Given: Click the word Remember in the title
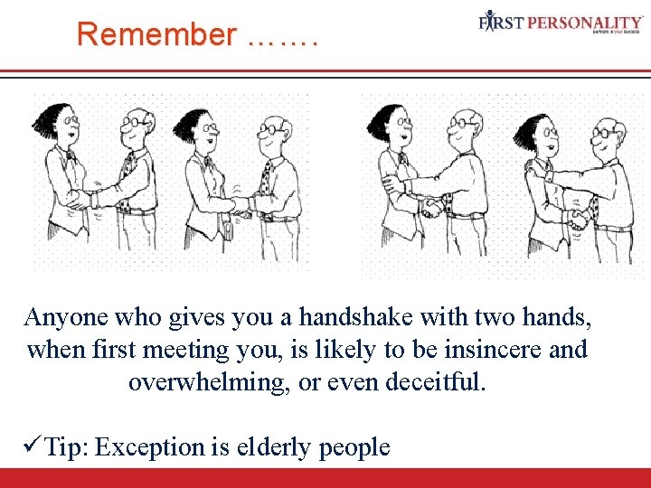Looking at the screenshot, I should coord(156,34).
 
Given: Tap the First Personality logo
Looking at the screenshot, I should coord(561,23).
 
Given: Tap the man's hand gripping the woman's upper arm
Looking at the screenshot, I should coord(392,183).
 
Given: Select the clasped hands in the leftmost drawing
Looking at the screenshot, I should coord(88,198).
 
